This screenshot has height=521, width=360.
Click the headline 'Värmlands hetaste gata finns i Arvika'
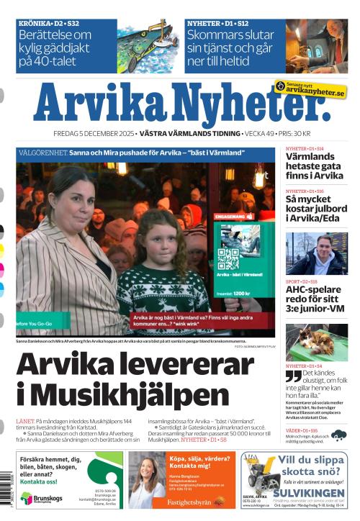[314, 166]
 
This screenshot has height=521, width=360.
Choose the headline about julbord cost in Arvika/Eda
[315, 208]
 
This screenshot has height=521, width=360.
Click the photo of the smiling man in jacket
[316, 253]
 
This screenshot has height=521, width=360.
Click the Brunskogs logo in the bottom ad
[36, 498]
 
